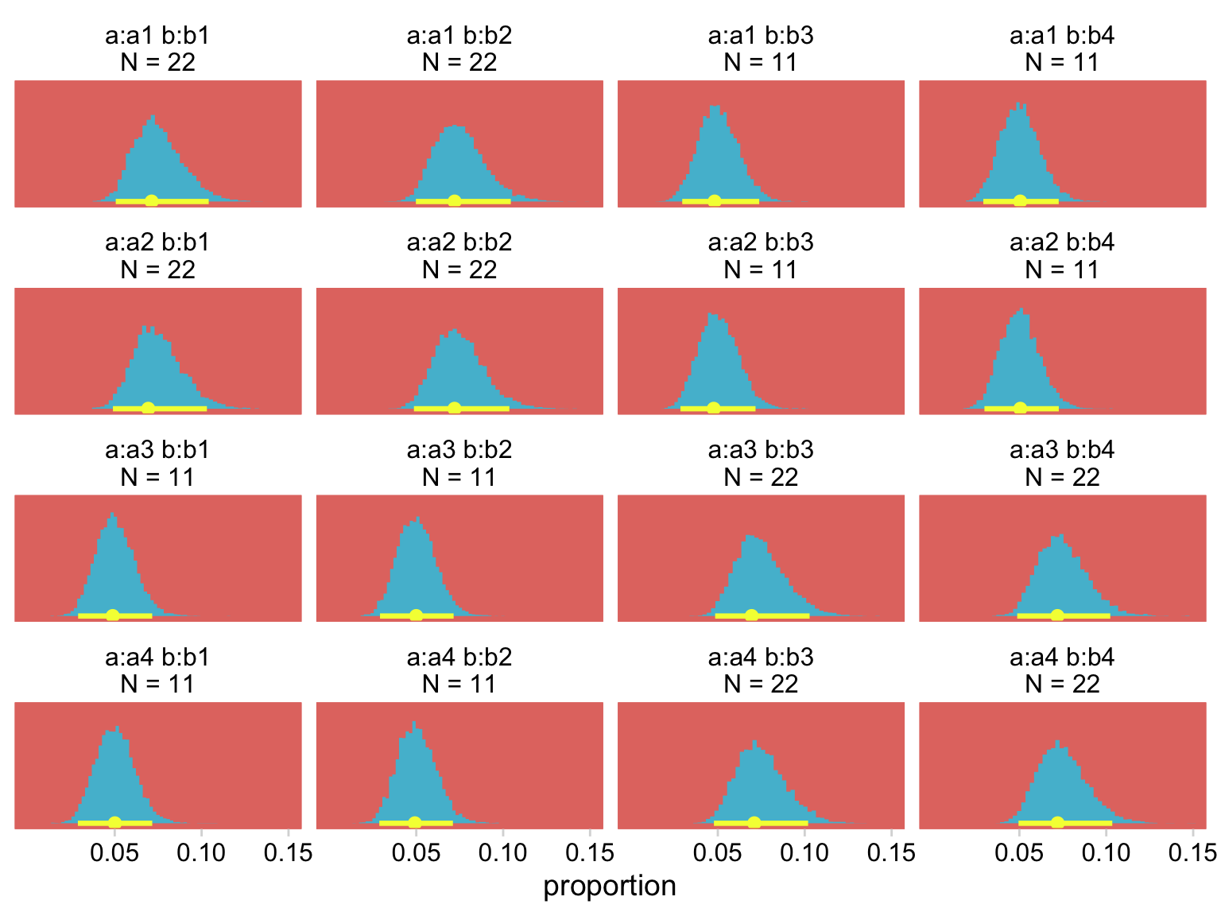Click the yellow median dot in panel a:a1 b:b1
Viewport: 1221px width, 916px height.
tap(151, 200)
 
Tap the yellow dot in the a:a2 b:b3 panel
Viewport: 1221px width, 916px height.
tap(713, 408)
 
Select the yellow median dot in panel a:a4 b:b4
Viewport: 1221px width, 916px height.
tap(1057, 822)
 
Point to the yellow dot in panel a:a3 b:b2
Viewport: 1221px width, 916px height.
tap(415, 615)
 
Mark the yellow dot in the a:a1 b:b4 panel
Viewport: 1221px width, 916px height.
tap(1020, 200)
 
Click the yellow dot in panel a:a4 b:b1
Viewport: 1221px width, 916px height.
tap(114, 822)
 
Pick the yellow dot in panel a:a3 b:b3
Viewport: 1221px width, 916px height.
tap(752, 615)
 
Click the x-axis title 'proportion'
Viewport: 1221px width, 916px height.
tap(610, 886)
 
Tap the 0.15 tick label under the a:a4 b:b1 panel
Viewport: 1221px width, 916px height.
tap(288, 853)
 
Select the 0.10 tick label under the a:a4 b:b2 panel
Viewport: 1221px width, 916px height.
tap(502, 853)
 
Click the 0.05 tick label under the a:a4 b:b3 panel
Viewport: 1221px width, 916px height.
tap(718, 853)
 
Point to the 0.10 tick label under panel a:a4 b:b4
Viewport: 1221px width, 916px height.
tap(1106, 853)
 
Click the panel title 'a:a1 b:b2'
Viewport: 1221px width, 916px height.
tap(459, 36)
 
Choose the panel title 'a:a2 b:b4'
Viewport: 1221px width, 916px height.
tap(1062, 243)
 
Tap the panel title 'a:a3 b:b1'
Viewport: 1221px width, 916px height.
tap(157, 450)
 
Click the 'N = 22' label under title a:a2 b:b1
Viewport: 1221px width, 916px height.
tap(157, 270)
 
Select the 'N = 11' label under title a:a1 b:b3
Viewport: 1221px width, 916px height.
tap(761, 63)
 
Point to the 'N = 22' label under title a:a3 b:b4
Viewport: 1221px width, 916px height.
tap(1062, 477)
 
